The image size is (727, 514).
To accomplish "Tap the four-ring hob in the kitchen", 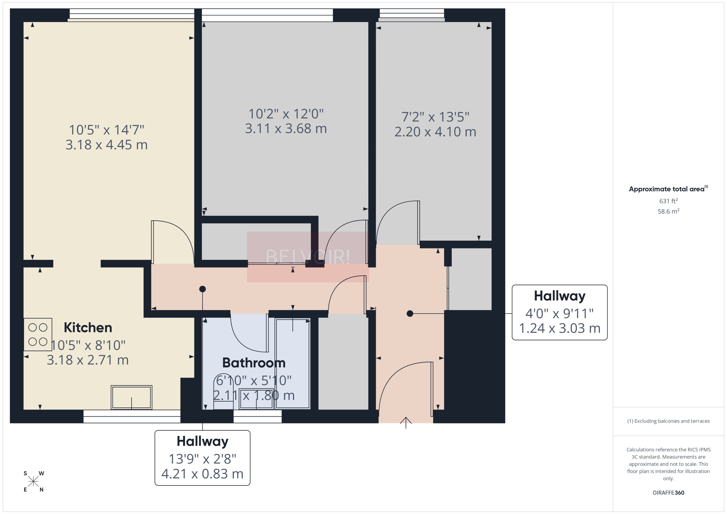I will click(38, 335).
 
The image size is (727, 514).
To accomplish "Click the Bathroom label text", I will click(254, 363).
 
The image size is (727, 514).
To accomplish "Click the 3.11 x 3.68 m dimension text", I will click(286, 128).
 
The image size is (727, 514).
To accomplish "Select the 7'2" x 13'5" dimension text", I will click(435, 117).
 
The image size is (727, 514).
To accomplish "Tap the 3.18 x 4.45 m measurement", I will click(106, 145).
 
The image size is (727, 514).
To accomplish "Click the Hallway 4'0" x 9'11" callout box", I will click(559, 312).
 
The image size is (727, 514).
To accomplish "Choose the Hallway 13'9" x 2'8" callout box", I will click(203, 458).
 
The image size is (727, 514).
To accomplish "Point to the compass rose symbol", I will click(33, 481).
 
